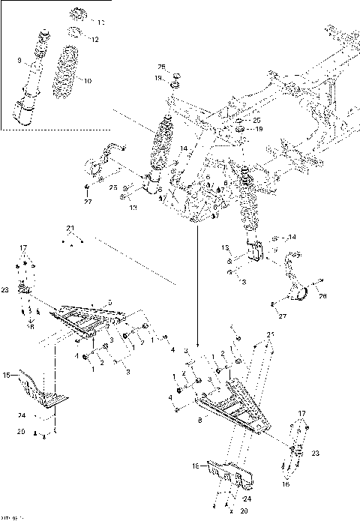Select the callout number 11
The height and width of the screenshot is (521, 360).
pos(102,22)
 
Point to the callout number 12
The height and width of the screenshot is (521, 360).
pos(94,39)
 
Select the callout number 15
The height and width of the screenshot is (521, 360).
pos(7,375)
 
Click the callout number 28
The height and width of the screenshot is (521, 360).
pos(323,296)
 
